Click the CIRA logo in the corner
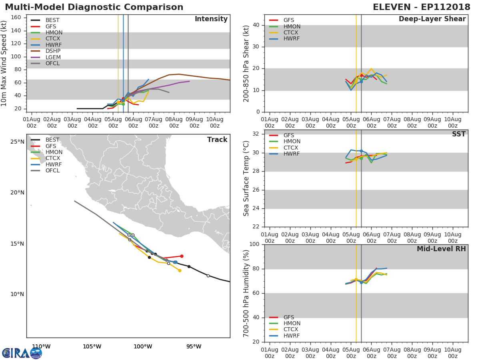pos(22,353)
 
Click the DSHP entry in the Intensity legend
pos(46,51)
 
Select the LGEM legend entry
pos(46,57)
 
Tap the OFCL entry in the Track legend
pos(45,170)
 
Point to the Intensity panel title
pos(211,19)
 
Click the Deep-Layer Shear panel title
pos(432,19)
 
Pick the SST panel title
pos(458,134)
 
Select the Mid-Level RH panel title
pos(441,249)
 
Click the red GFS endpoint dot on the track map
pos(182,256)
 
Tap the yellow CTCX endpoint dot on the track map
pos(180,271)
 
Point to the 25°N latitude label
pos(17,142)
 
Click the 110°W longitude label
pos(41,346)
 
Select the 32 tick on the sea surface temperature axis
pos(256,134)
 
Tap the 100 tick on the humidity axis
pos(254,244)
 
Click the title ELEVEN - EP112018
pos(421,7)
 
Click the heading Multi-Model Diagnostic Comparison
pos(94,7)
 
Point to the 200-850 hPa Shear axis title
pos(246,64)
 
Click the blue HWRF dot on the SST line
pos(361,151)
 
